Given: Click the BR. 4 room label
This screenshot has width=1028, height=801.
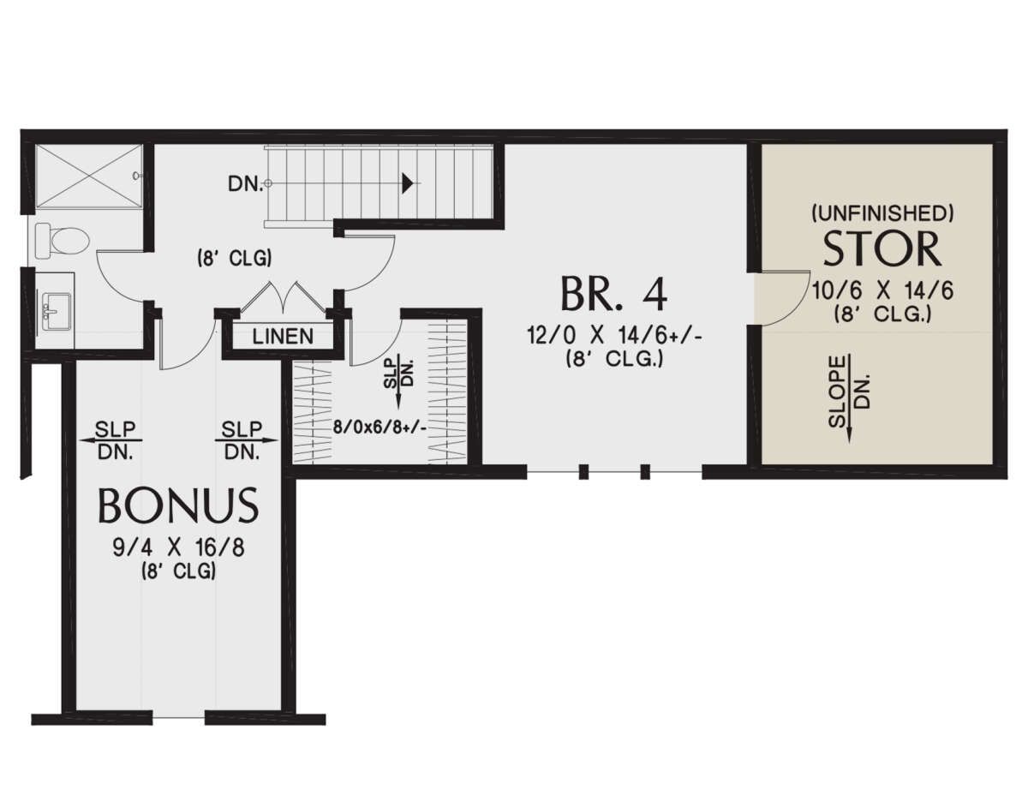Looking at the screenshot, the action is [x=613, y=294].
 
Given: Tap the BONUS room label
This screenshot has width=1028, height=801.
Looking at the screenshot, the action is [x=178, y=505].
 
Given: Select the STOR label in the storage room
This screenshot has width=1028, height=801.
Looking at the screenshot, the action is [x=882, y=248].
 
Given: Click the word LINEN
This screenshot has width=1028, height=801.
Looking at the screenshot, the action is [x=283, y=337].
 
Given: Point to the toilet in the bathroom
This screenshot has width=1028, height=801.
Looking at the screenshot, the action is [x=63, y=242].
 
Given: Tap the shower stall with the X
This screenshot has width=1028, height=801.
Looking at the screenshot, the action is [x=89, y=176].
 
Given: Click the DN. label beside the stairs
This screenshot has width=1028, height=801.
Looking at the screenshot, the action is [x=245, y=183].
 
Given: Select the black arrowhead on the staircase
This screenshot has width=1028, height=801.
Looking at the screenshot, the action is [x=407, y=183].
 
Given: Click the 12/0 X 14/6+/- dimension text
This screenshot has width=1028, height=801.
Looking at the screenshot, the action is [x=614, y=337].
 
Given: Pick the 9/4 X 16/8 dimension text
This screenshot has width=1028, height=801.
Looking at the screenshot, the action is [x=178, y=548].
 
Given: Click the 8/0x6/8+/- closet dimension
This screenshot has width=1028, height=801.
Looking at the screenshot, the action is [x=380, y=427].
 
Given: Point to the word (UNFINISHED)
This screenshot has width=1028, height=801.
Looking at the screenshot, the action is [x=882, y=214].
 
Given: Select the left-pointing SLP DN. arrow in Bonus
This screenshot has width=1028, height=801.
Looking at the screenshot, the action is [x=111, y=440].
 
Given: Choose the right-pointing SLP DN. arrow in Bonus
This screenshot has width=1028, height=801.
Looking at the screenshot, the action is [x=246, y=440].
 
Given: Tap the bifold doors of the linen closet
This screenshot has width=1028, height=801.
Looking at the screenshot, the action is [x=283, y=296].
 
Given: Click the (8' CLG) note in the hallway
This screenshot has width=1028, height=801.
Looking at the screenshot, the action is [x=234, y=259].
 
